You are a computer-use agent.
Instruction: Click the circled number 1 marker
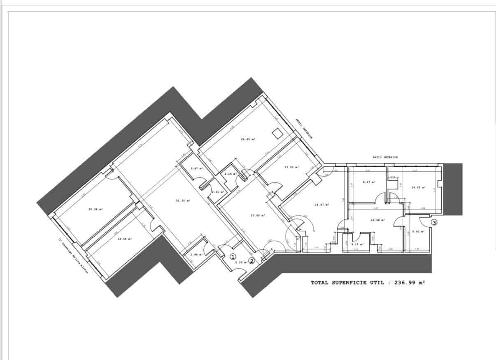[x=233, y=257]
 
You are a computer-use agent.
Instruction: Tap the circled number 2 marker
[x=252, y=260]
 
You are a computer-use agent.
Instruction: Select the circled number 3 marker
[x=434, y=222]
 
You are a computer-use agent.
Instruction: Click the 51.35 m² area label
[x=182, y=201]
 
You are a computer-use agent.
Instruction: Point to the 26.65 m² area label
[x=248, y=139]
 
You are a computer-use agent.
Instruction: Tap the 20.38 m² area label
[x=95, y=209]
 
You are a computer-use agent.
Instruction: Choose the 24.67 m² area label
[x=321, y=204]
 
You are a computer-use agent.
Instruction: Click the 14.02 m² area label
[x=418, y=188]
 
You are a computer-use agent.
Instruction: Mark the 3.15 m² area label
[x=356, y=244]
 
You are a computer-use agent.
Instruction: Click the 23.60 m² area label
[x=258, y=215]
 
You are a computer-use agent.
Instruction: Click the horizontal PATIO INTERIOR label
[x=385, y=157]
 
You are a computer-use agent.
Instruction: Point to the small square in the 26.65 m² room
[x=277, y=133]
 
